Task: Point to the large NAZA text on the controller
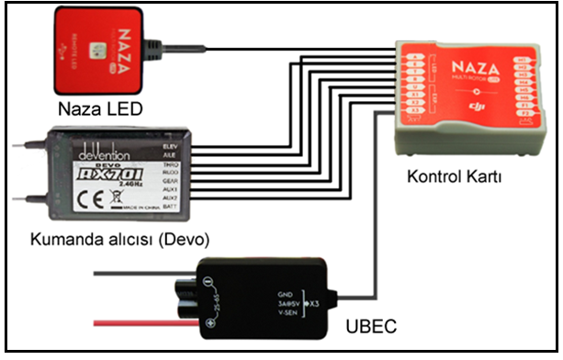[x=474, y=70]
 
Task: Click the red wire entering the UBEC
[x=147, y=321]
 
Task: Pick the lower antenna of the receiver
[x=26, y=195]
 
